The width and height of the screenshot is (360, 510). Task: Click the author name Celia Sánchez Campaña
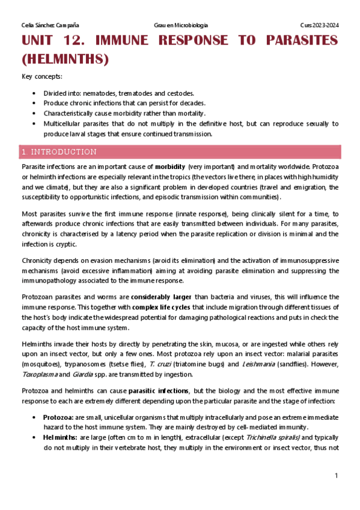pos(50,25)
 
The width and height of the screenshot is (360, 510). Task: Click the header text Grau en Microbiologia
pos(181,25)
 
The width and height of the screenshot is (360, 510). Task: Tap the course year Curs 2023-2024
pos(320,25)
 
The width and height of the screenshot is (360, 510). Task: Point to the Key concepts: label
pos(41,76)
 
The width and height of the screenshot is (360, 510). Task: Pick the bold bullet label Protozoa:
pos(58,417)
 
